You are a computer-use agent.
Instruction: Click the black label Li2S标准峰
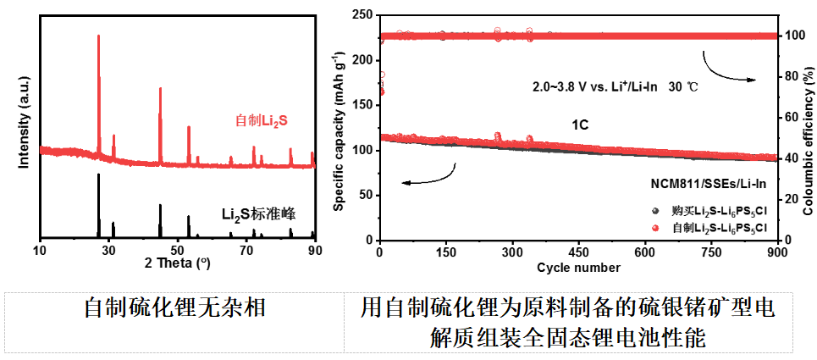click(x=258, y=213)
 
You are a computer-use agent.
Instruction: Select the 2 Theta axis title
click(x=177, y=263)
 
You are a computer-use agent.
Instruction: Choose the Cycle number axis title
click(x=578, y=269)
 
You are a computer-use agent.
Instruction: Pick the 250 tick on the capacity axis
click(x=362, y=15)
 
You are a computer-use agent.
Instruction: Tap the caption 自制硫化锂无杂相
click(x=174, y=307)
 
